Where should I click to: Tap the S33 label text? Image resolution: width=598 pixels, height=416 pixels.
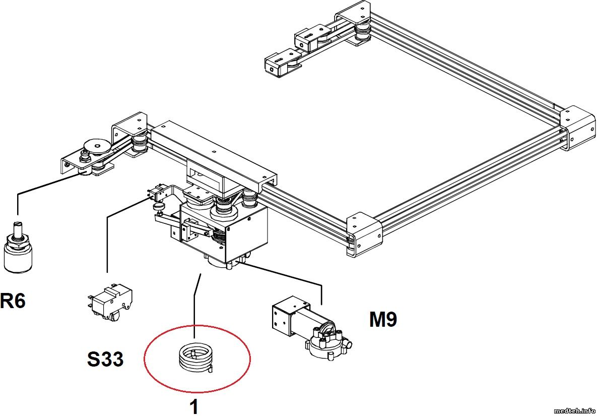tap(105, 359)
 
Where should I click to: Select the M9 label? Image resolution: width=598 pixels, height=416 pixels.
tap(383, 319)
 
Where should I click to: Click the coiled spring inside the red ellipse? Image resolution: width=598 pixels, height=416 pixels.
tap(195, 359)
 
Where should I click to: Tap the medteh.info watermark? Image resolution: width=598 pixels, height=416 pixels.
tap(574, 409)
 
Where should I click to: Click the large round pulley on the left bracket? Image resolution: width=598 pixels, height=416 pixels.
tap(97, 147)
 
